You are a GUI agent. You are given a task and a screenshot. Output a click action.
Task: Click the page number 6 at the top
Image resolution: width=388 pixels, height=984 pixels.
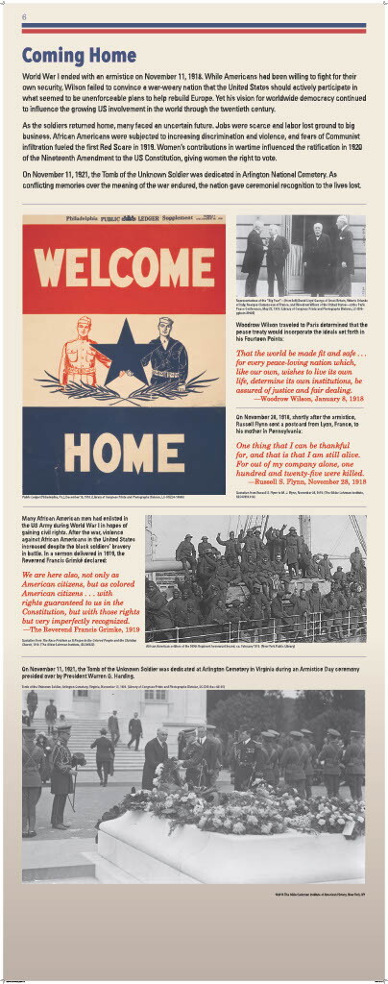coord(24,17)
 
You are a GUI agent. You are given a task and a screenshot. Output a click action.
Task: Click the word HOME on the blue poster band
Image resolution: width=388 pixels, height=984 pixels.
coord(124,446)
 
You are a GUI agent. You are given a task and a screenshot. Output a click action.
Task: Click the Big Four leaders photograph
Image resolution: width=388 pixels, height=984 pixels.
coord(300,256)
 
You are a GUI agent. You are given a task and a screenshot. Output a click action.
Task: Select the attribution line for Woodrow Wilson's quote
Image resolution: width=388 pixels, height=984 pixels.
coord(321,399)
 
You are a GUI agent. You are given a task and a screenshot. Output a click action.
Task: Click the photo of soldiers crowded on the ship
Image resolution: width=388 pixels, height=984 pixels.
coord(255,578)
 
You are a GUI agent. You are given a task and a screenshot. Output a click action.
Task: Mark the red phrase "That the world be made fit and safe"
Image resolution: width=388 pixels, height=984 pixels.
coord(302,354)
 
